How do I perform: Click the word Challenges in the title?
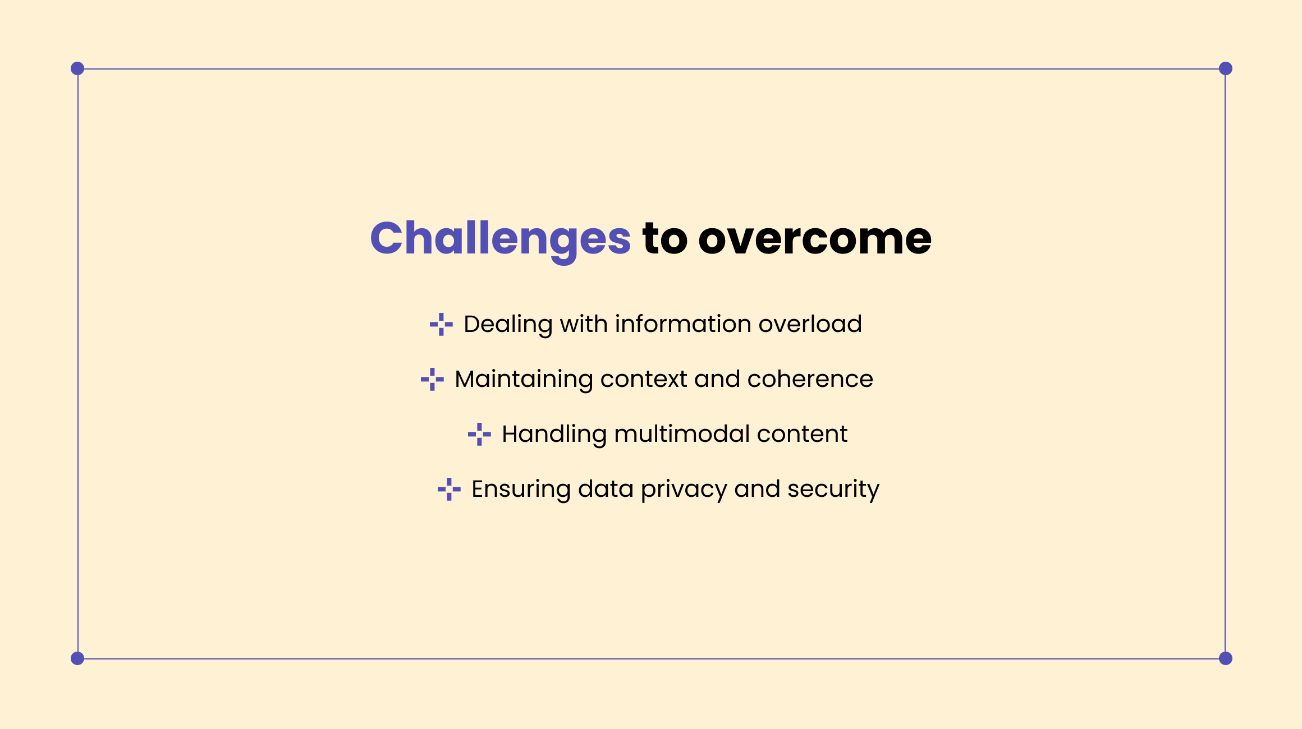[500, 239]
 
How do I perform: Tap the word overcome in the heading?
[814, 239]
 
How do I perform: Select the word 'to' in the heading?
[664, 239]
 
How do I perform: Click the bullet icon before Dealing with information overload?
[441, 324]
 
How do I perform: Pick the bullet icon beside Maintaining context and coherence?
[432, 379]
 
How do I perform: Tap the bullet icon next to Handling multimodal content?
[479, 434]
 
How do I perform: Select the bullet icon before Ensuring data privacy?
[449, 489]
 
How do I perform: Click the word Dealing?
[508, 324]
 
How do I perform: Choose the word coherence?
[810, 379]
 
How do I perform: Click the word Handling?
[554, 434]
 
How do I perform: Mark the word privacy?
[684, 489]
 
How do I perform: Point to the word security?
[833, 489]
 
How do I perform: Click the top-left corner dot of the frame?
[77, 68]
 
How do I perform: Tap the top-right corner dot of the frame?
[1226, 68]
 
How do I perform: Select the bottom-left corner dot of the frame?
[77, 658]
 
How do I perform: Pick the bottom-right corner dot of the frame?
[1226, 658]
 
